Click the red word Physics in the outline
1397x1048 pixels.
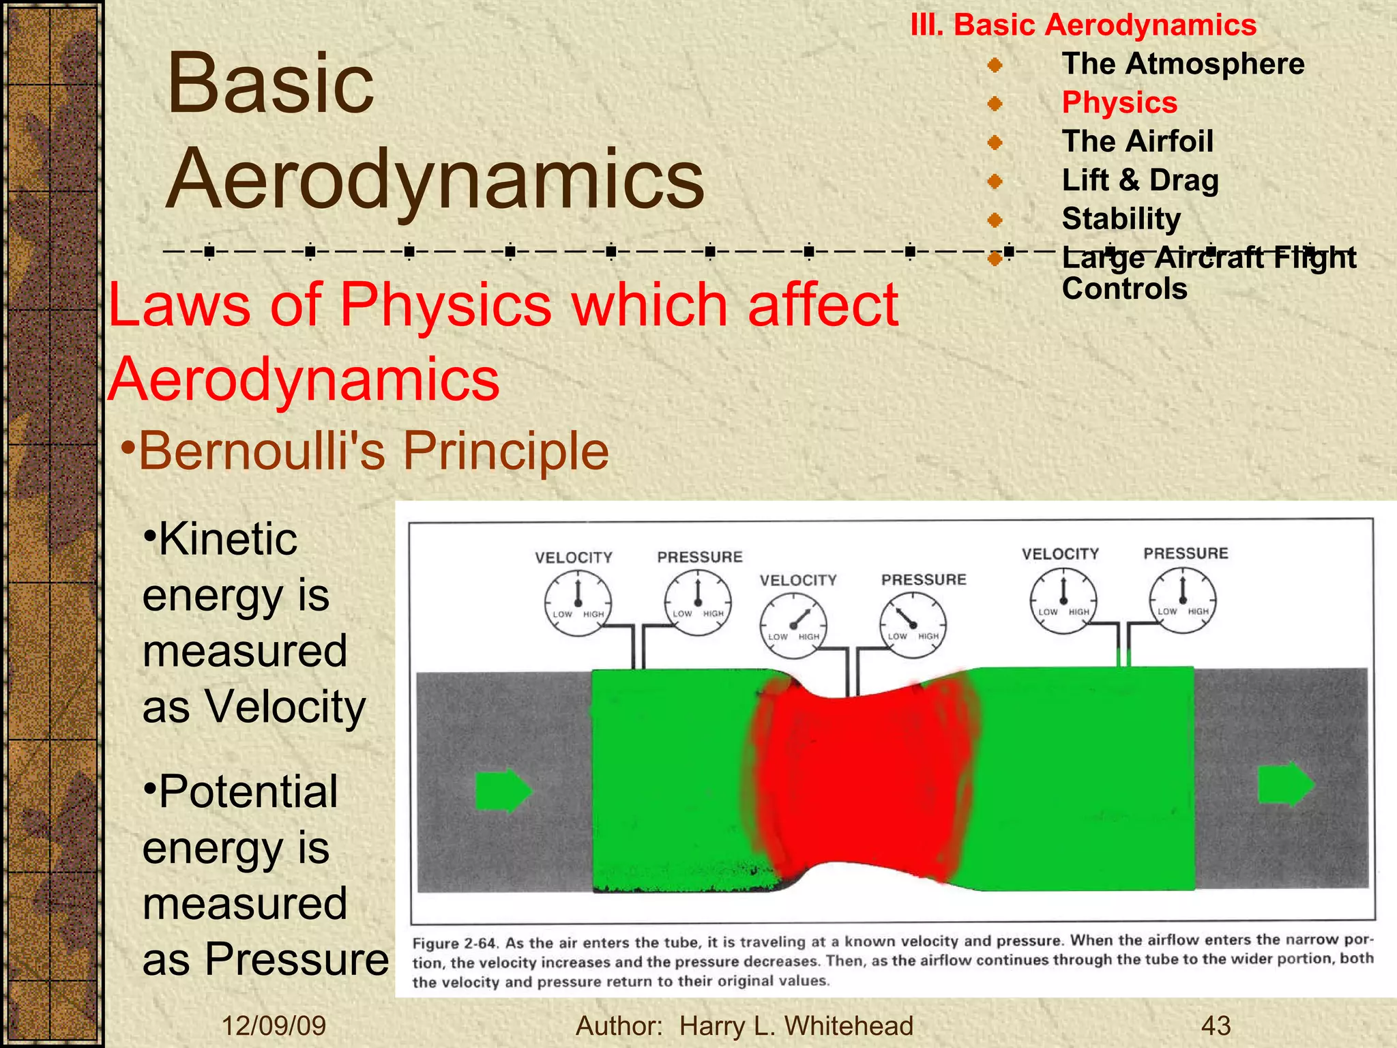tap(1119, 103)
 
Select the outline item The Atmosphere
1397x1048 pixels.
tap(1183, 64)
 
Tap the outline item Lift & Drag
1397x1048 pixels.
tap(1140, 181)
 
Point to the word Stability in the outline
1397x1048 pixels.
tap(1121, 219)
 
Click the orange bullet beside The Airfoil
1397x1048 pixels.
tap(995, 143)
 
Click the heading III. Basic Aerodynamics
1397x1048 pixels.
tap(1083, 25)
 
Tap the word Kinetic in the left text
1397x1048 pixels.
tap(227, 540)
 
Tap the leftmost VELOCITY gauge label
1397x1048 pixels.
tap(574, 558)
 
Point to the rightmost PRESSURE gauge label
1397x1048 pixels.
tap(1186, 553)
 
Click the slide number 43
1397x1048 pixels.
tap(1216, 1025)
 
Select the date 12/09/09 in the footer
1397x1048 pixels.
tap(274, 1025)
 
